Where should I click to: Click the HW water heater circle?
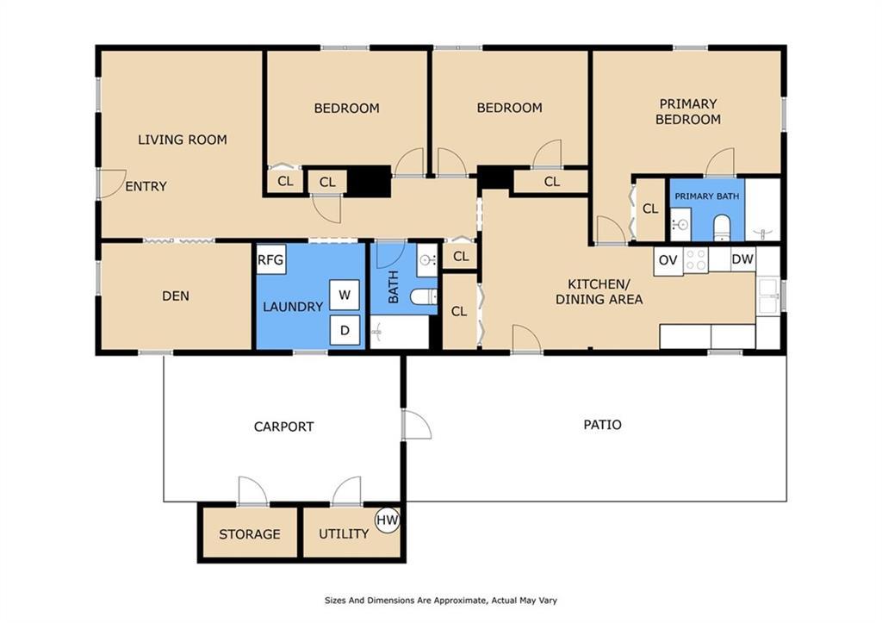pos(387,520)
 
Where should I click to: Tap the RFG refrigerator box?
pos(271,259)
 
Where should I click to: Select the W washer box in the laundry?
pos(345,295)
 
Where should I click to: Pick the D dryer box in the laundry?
pos(345,330)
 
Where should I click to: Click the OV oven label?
pos(668,260)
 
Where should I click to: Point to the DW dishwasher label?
pos(742,259)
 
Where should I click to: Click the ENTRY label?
pos(146,186)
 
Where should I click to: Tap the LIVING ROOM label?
pos(183,140)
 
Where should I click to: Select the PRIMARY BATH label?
pos(706,196)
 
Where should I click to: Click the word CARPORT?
pos(283,427)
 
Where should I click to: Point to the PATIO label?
pos(602,424)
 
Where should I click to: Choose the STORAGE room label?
pos(249,534)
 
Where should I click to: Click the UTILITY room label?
pos(344,533)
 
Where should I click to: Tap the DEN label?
pos(176,296)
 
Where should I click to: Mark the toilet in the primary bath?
pos(721,227)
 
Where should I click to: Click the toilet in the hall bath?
pos(424,296)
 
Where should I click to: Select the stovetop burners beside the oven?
pos(696,260)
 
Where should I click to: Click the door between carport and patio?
pos(417,425)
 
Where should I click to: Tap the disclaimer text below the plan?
pos(441,601)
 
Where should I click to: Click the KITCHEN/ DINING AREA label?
pos(599,291)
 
